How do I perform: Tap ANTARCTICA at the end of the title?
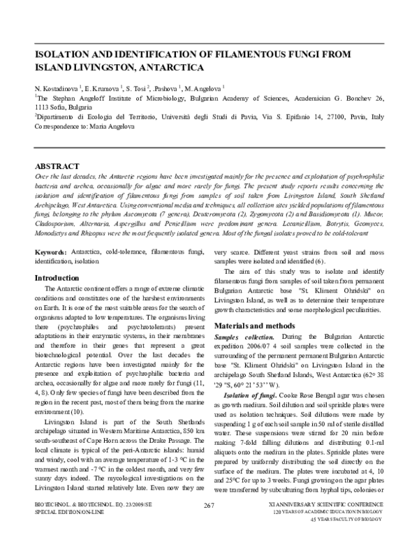[x=168, y=68]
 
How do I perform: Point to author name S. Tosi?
[x=143, y=89]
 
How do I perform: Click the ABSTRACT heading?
[x=61, y=167]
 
